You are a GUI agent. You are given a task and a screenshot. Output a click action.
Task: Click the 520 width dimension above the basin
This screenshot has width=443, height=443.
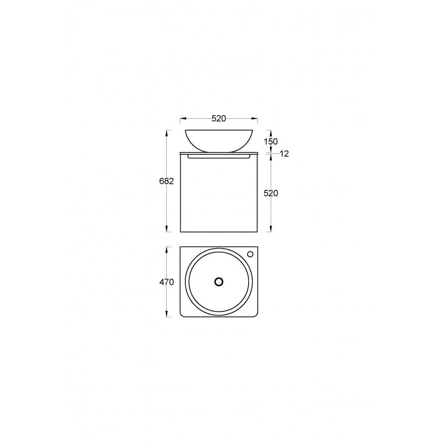tap(218, 119)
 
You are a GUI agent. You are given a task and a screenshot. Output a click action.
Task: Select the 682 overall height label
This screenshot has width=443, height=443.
tap(166, 181)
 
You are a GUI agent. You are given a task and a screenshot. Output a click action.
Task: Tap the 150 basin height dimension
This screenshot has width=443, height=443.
tap(271, 141)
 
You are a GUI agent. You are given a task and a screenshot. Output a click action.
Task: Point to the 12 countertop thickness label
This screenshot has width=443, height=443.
tap(284, 154)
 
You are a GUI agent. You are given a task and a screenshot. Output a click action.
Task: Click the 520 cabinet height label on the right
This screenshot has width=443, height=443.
tap(271, 193)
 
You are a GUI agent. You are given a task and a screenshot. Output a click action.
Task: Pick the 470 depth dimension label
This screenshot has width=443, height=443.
tap(166, 282)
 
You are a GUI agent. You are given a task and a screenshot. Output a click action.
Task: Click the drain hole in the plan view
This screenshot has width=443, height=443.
tap(218, 282)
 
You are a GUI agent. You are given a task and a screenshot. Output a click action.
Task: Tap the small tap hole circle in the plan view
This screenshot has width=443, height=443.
tap(250, 254)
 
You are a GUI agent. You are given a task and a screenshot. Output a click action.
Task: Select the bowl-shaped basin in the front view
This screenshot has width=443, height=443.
tap(218, 141)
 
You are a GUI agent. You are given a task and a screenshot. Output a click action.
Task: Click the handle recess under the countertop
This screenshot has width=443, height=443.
tap(218, 156)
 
